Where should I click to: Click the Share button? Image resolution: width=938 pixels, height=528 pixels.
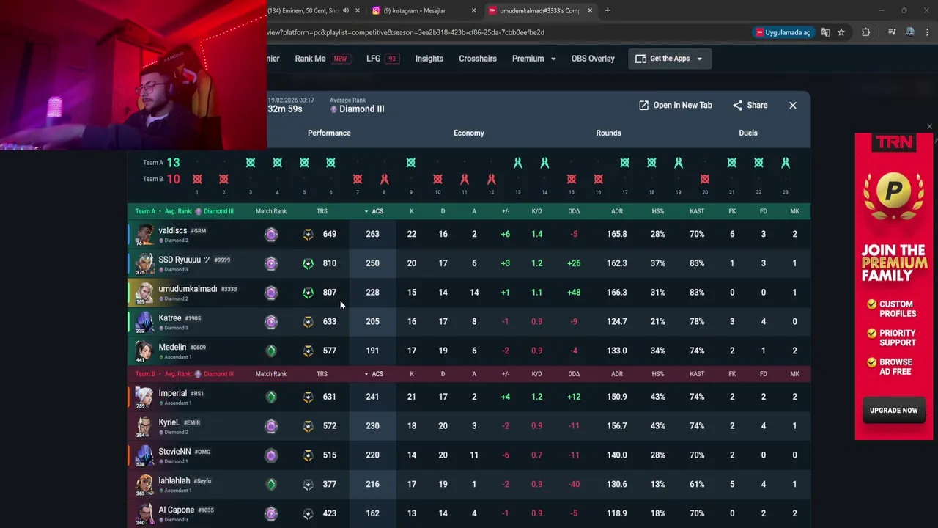pos(750,106)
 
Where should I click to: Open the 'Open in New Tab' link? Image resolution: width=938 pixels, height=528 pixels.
pos(675,106)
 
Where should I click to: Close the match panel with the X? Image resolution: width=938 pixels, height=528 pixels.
pos(792,106)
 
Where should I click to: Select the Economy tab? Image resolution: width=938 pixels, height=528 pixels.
pos(468,133)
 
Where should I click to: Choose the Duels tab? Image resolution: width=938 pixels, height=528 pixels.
pos(747,133)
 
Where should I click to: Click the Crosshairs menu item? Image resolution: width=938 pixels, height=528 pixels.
pos(477,59)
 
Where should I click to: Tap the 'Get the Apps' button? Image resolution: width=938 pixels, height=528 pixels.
pos(669,59)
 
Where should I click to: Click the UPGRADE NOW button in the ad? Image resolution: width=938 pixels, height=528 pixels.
pos(893,411)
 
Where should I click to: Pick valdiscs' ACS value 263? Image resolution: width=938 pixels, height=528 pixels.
pos(372,234)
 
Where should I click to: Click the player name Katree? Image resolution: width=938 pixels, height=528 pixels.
pos(170,318)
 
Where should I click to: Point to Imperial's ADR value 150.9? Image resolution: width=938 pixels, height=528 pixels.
pos(616,397)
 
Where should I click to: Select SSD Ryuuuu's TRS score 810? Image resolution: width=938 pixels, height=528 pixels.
pos(330,263)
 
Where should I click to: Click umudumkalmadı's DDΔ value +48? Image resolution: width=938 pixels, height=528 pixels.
pos(573,293)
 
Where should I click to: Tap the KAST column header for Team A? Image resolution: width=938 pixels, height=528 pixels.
pos(696,211)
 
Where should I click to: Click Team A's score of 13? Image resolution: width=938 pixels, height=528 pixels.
pos(173,163)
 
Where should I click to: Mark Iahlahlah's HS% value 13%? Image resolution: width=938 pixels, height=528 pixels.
pos(657,484)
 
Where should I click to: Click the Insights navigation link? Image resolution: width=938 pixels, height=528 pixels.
pos(429,59)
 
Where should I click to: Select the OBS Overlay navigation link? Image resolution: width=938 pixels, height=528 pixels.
pos(592,59)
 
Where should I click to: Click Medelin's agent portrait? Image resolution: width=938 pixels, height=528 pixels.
pos(144,351)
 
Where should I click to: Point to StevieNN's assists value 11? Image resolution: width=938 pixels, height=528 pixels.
pos(474,455)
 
